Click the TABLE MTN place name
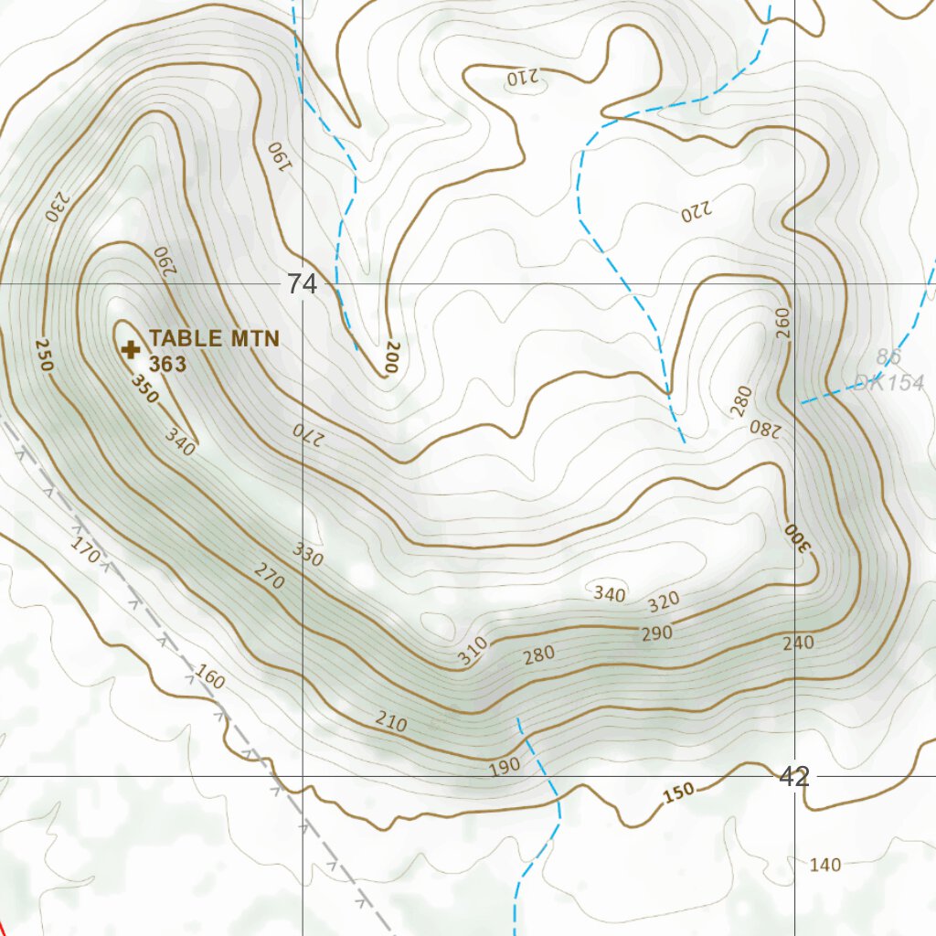click(214, 339)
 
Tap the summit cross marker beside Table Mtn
click(131, 348)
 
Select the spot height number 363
click(168, 364)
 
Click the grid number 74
click(302, 284)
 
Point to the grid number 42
click(794, 777)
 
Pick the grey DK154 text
click(888, 383)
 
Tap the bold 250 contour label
click(43, 355)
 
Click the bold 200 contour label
click(390, 356)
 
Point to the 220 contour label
click(695, 214)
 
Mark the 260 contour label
click(782, 324)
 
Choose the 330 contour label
click(308, 554)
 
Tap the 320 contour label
click(664, 601)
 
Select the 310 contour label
click(473, 651)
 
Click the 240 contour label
click(798, 643)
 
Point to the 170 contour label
click(85, 551)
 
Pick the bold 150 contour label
click(679, 794)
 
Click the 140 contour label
click(825, 865)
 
